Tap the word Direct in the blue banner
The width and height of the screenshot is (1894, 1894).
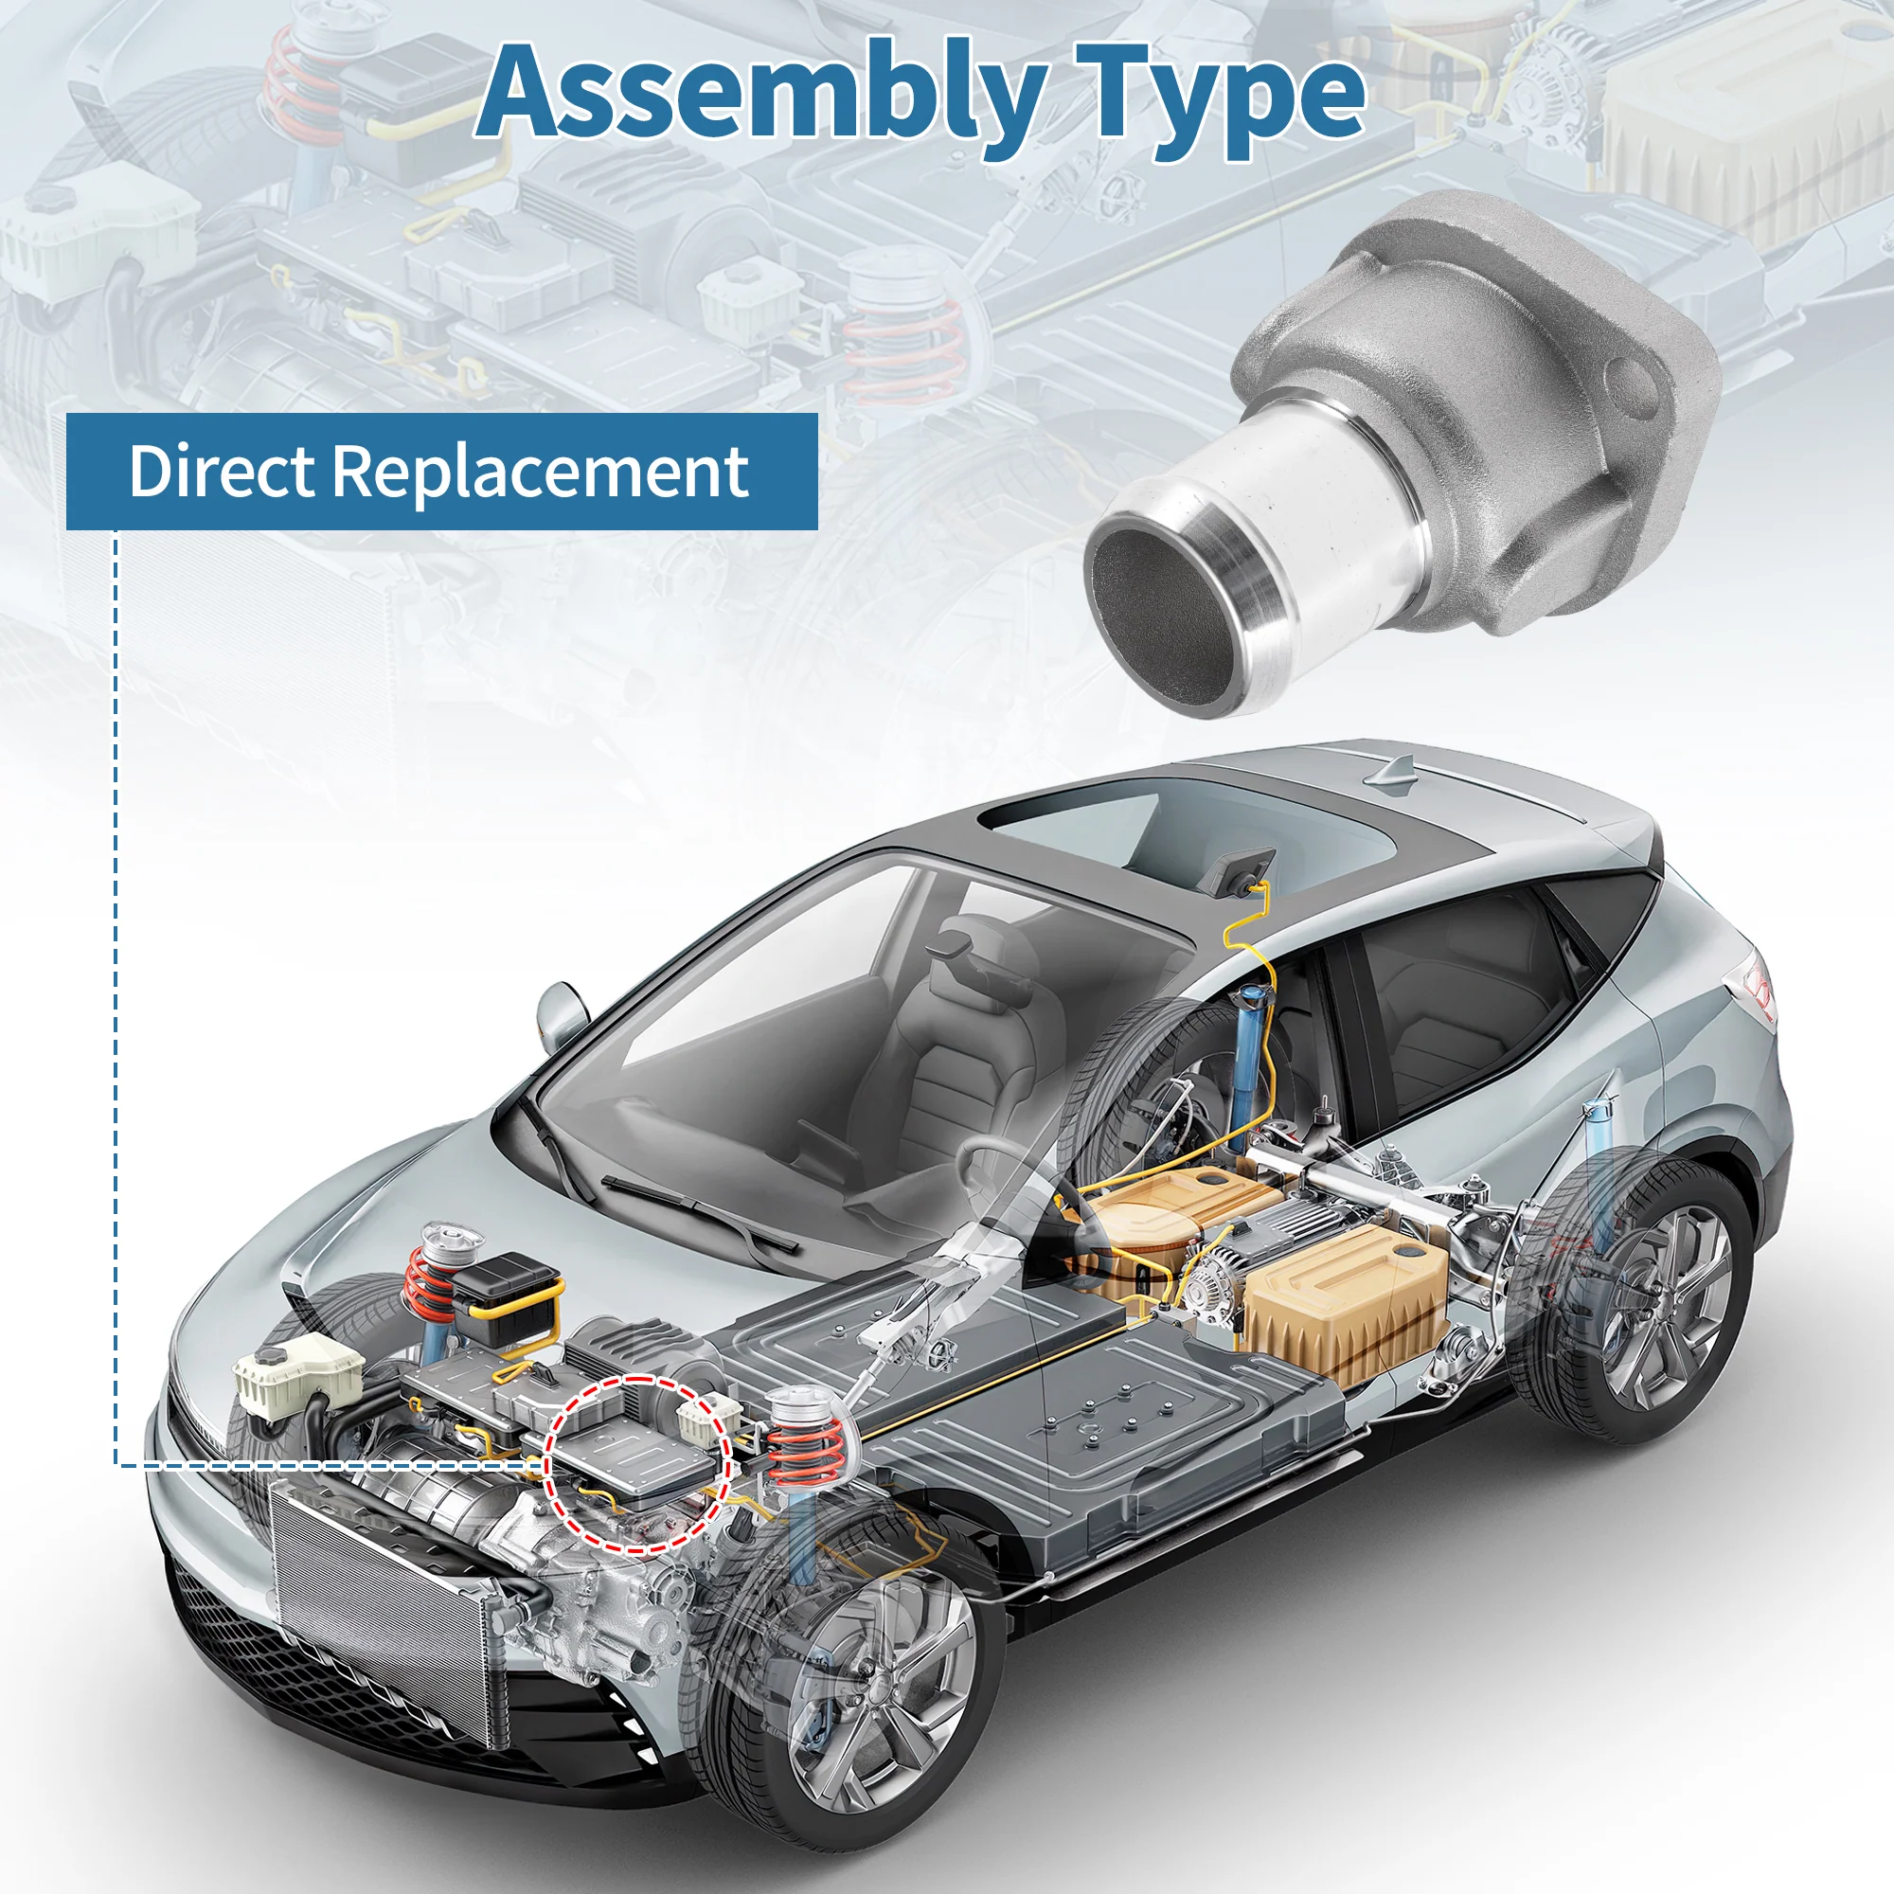(x=222, y=472)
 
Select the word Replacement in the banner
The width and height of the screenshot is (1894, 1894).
(x=541, y=473)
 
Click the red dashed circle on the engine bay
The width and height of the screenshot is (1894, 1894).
(x=636, y=1464)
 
